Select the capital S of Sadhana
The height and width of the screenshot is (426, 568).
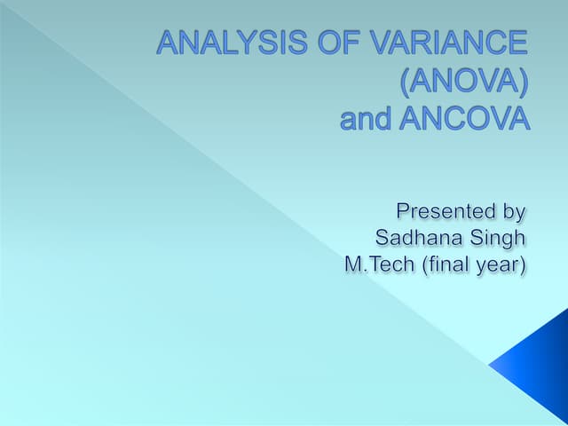[x=383, y=238]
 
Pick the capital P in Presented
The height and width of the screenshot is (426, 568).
[x=402, y=211]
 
